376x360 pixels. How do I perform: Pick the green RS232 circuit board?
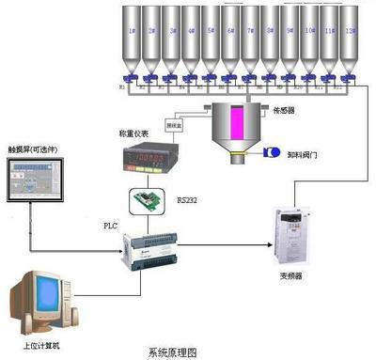149,200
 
